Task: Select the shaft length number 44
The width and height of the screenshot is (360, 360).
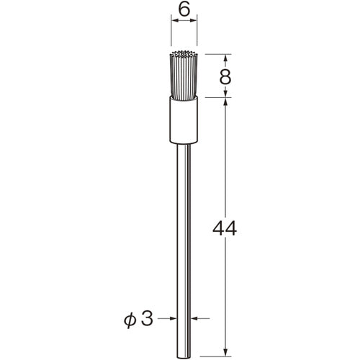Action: pyautogui.click(x=225, y=230)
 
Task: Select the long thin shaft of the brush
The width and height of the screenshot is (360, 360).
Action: pyautogui.click(x=183, y=230)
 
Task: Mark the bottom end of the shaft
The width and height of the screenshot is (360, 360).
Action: pyautogui.click(x=183, y=351)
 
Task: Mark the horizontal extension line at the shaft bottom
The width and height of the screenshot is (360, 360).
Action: pyautogui.click(x=212, y=354)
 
